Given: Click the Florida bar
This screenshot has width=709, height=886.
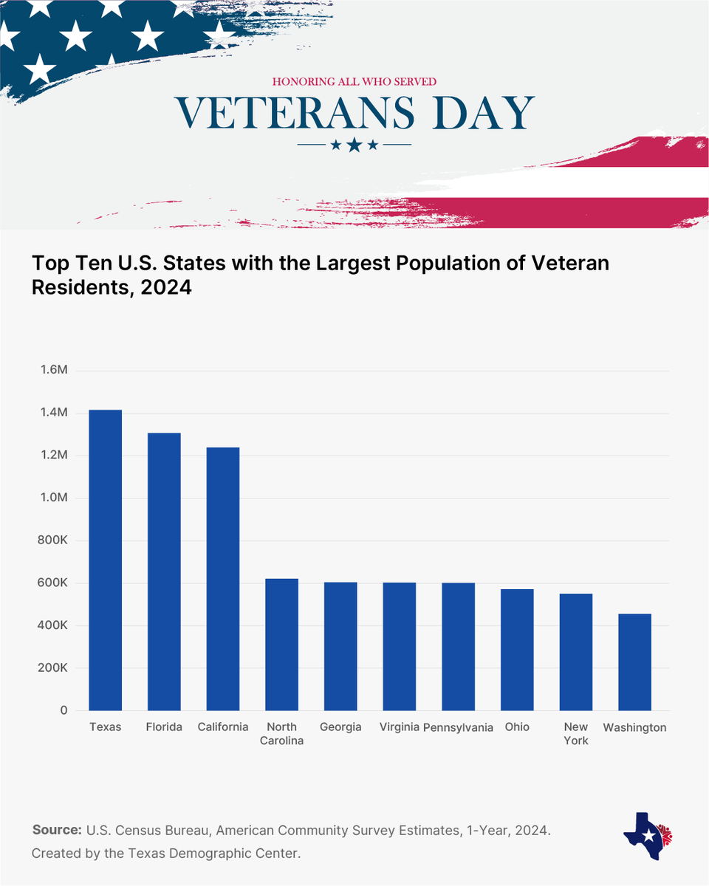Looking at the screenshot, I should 164,571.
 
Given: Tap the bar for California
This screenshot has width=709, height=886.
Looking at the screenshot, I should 223,579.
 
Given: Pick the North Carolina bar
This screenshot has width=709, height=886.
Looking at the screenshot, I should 281,645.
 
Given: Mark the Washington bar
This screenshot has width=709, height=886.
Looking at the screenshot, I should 634,662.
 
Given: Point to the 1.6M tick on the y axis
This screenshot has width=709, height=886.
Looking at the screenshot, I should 53,370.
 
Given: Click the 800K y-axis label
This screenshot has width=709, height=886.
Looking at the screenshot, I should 53,540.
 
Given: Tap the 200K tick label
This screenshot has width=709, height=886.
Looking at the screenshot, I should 53,668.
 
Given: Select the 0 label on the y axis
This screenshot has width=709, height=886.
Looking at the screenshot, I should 64,710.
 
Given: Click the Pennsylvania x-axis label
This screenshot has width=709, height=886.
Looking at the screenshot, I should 458,727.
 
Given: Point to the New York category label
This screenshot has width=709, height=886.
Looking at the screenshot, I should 575,733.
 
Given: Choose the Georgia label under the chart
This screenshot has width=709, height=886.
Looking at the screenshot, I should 340,727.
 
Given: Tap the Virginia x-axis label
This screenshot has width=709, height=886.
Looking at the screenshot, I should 399,727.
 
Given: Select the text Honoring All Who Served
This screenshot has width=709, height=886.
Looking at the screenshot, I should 354,81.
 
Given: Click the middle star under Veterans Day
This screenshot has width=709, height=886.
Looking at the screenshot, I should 354,145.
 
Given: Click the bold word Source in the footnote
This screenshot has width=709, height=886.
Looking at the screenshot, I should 57,830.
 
